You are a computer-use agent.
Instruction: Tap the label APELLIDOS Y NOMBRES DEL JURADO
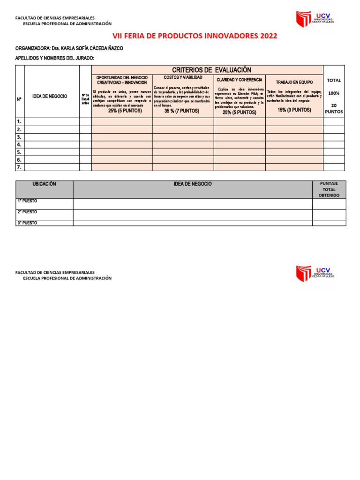coord(55,58)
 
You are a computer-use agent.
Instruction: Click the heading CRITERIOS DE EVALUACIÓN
coord(209,70)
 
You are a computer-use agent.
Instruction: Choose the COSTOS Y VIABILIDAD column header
coord(183,77)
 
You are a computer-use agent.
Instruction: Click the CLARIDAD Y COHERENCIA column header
coord(239,80)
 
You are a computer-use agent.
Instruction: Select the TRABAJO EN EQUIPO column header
coord(294,82)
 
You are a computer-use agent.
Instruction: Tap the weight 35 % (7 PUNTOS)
coord(182,111)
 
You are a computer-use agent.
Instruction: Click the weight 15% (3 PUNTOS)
coord(294,110)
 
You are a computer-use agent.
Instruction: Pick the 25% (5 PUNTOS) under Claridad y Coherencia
coord(239,112)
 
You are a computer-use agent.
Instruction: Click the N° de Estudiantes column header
coord(85,99)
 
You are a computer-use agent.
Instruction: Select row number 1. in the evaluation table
coord(19,122)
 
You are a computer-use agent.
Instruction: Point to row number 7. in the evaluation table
coord(19,167)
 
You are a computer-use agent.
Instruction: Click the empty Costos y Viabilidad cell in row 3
coord(183,137)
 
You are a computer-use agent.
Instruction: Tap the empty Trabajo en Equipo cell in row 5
coord(294,152)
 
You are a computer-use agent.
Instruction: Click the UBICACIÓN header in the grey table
coord(44,184)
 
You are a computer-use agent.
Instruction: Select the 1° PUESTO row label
coord(28,201)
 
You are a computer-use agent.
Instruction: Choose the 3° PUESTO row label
coord(28,223)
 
